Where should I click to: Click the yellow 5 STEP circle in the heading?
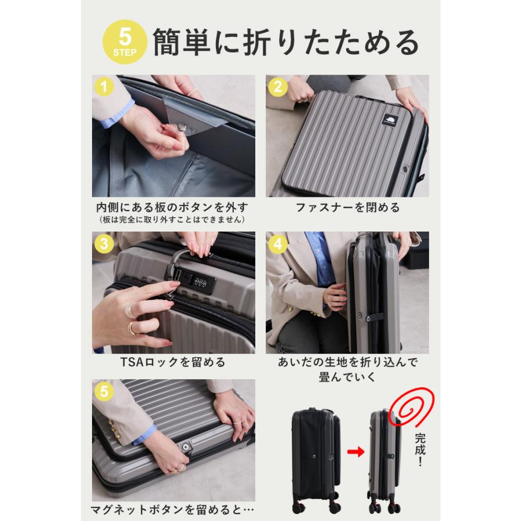(x=124, y=42)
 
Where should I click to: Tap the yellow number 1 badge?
(x=104, y=87)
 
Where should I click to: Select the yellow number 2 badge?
(x=278, y=87)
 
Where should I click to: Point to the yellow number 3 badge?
(x=104, y=244)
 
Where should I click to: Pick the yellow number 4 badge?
(x=278, y=244)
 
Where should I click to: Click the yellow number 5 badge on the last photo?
(x=104, y=391)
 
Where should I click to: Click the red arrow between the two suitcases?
(x=355, y=452)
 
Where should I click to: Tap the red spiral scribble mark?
(x=412, y=407)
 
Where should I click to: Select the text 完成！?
(x=420, y=449)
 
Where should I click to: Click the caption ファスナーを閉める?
(x=347, y=207)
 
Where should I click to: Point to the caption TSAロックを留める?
(x=173, y=362)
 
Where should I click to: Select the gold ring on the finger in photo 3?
(x=131, y=328)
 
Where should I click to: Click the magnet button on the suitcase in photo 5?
(x=185, y=446)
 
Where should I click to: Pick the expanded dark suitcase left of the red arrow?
(x=316, y=460)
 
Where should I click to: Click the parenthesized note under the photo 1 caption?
(x=172, y=219)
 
